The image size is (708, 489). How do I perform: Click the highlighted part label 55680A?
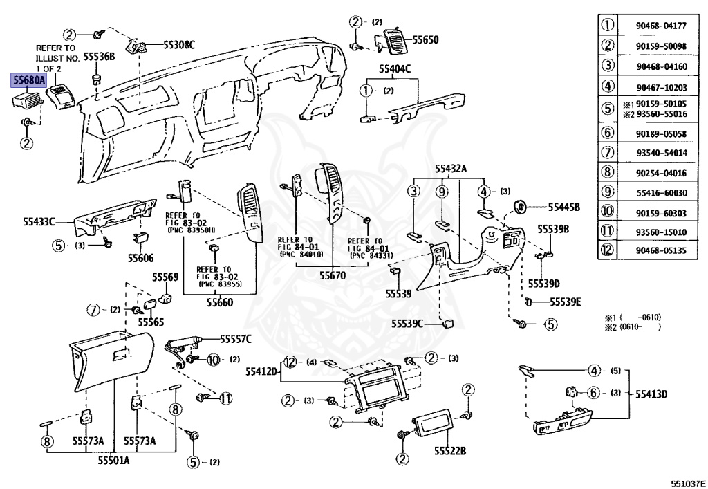click(29, 80)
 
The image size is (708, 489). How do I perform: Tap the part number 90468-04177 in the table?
click(661, 26)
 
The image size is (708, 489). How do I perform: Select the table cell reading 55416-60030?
click(662, 193)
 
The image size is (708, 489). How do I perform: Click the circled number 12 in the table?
click(608, 250)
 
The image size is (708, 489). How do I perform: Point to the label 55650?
click(425, 39)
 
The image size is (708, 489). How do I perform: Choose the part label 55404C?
click(395, 69)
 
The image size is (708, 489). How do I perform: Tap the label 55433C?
click(39, 222)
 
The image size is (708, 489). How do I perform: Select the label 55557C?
click(236, 339)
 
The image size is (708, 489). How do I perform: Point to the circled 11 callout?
click(225, 398)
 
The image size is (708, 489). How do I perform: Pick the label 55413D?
click(651, 394)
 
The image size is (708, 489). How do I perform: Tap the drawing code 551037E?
click(688, 483)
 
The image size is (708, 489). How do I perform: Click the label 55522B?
click(450, 451)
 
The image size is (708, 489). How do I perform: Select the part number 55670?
click(333, 275)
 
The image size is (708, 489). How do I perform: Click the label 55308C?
click(179, 45)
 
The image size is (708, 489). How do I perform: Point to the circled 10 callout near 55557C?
click(213, 360)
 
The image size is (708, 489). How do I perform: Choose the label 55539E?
click(566, 302)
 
